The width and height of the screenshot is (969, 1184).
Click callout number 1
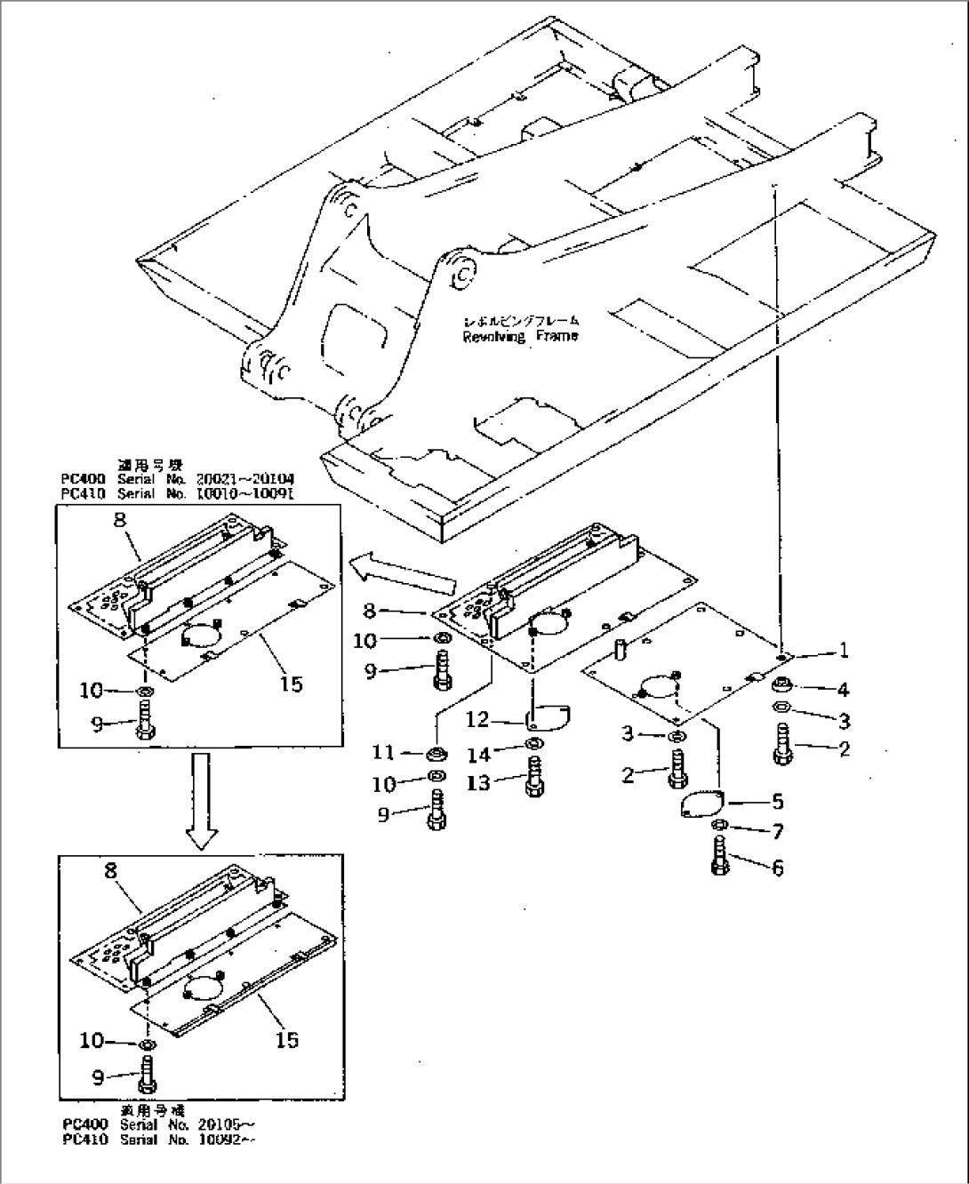pyautogui.click(x=843, y=651)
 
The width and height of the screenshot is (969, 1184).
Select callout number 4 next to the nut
pyautogui.click(x=842, y=689)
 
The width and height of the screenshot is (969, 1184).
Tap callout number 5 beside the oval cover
pyautogui.click(x=777, y=802)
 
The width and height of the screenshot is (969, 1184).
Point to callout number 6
pyautogui.click(x=777, y=867)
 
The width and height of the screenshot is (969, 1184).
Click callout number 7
pyautogui.click(x=777, y=833)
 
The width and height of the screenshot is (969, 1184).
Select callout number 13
pyautogui.click(x=478, y=784)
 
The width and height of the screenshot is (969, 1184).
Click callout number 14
pyautogui.click(x=478, y=755)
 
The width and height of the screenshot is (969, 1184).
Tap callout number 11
pyautogui.click(x=383, y=754)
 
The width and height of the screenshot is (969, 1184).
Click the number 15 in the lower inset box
pyautogui.click(x=287, y=1038)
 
